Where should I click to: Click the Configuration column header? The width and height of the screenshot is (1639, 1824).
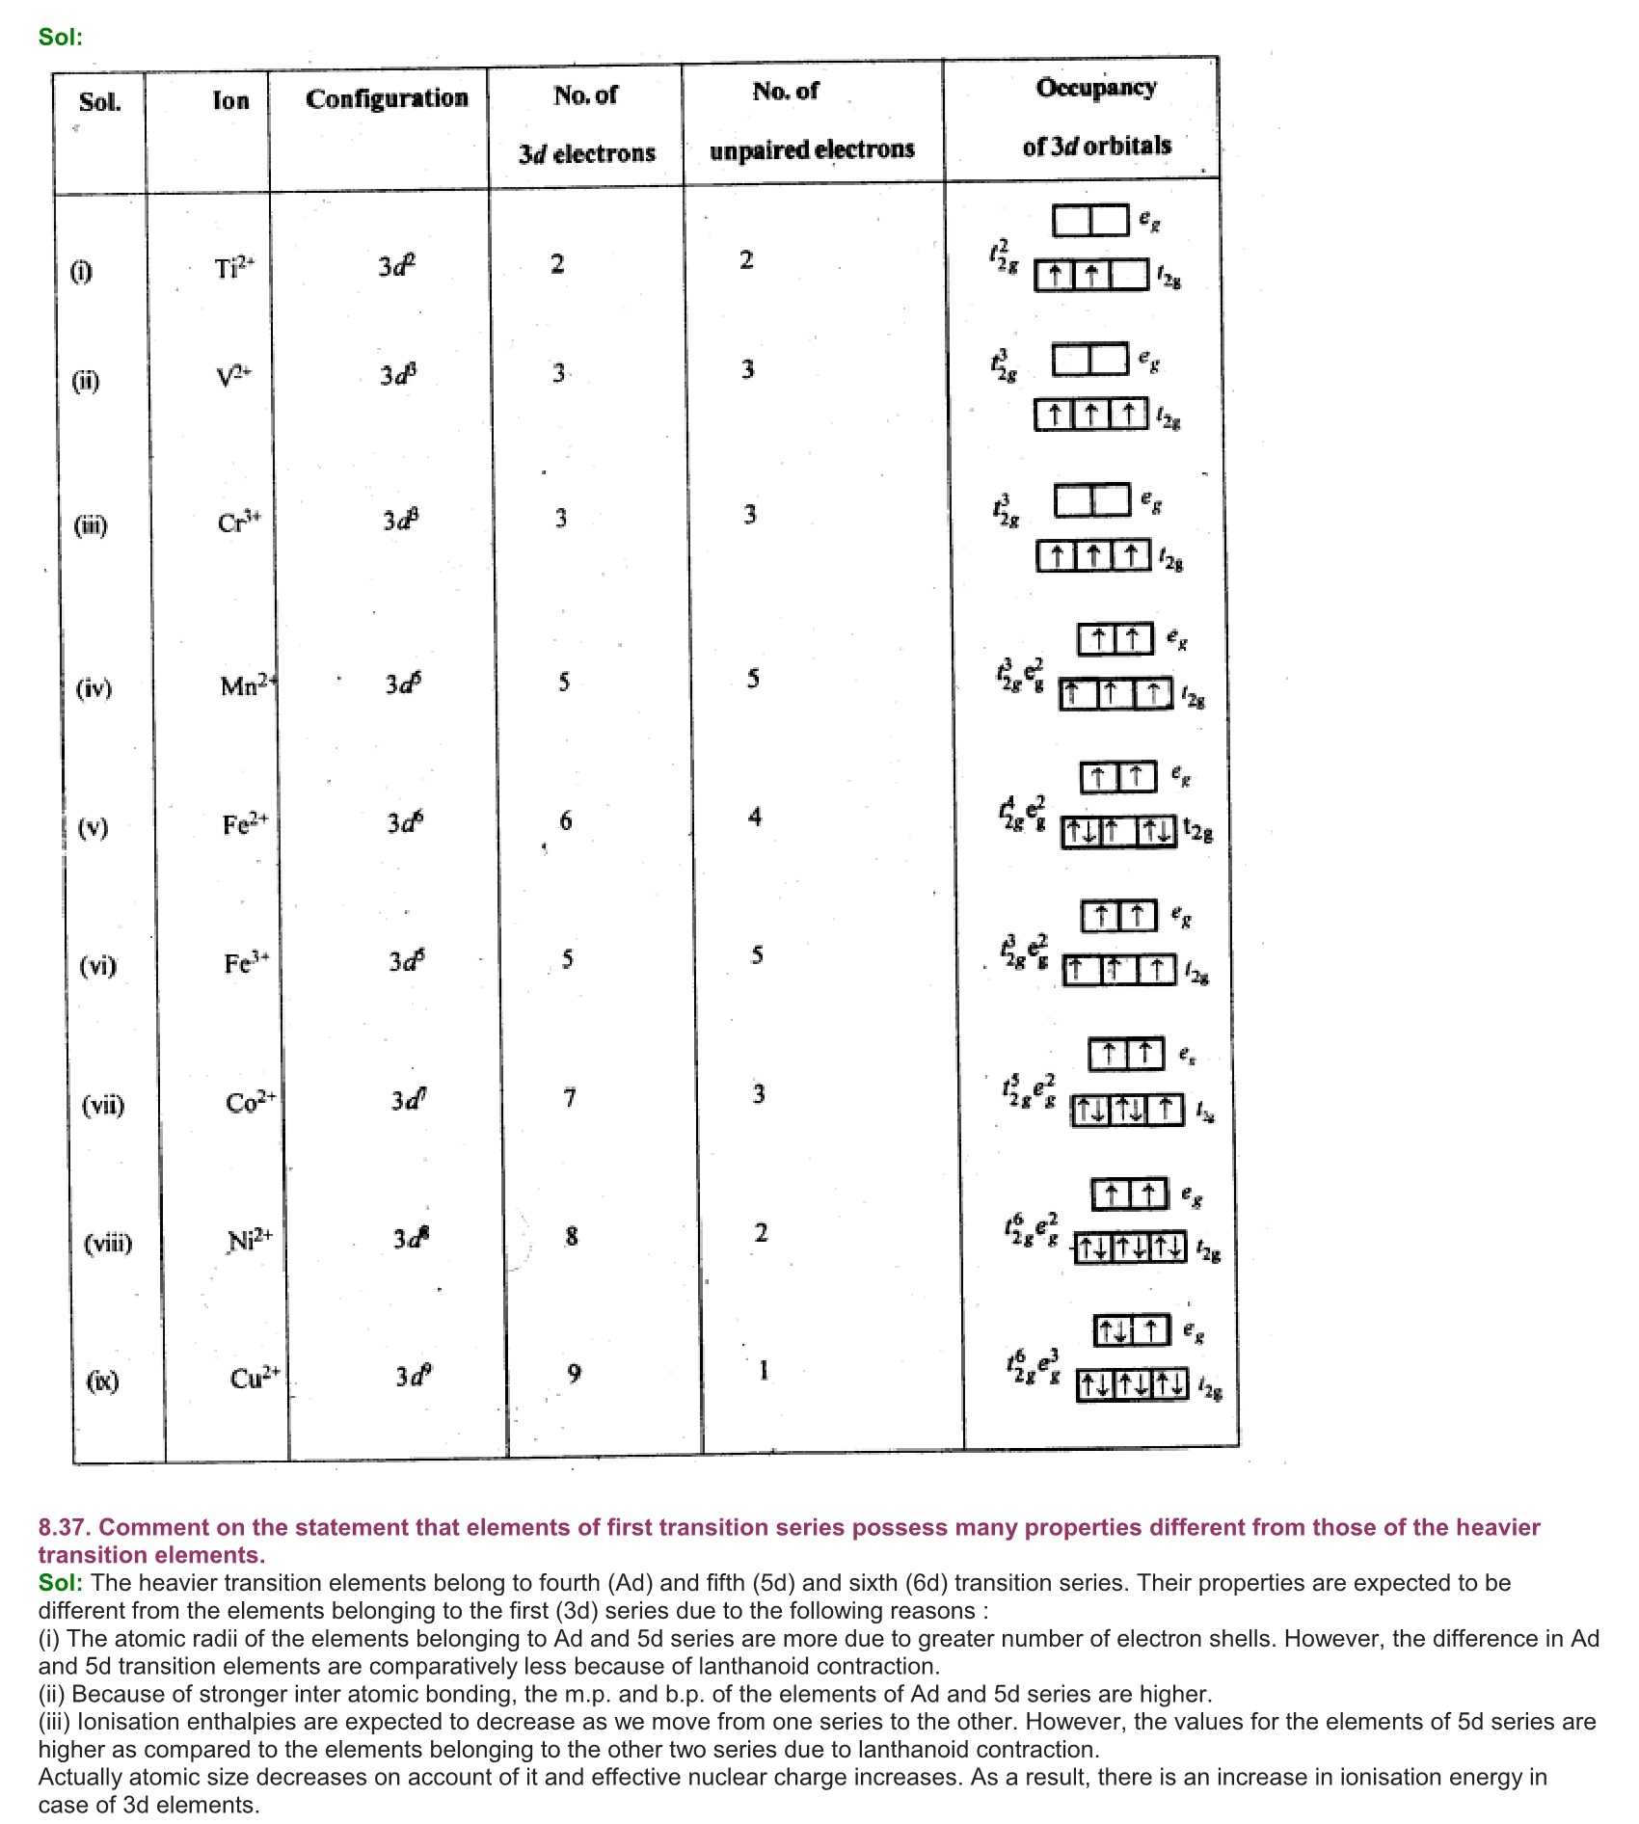387,98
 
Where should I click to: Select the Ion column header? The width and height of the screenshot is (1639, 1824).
230,100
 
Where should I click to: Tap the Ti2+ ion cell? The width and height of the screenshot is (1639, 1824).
234,267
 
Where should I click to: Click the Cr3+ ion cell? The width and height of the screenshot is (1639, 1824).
238,522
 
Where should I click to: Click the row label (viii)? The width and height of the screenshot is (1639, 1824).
108,1243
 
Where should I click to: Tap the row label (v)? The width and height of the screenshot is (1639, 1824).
93,827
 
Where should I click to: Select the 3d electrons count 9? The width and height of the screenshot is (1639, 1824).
575,1373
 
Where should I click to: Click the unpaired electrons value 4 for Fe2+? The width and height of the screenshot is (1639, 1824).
755,818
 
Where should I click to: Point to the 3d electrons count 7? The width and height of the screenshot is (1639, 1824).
570,1097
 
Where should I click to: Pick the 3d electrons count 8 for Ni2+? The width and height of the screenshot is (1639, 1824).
572,1236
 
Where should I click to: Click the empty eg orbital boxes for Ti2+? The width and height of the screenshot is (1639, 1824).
1090,221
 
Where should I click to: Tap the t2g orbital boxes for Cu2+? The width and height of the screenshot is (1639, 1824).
1132,1385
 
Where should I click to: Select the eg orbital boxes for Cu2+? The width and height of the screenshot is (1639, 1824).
1132,1331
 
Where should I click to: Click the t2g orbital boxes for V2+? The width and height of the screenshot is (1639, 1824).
1091,415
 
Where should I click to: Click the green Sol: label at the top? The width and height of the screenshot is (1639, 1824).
61,38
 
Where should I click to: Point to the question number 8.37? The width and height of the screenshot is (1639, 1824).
65,1527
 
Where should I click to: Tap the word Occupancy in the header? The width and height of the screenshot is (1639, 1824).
1096,88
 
